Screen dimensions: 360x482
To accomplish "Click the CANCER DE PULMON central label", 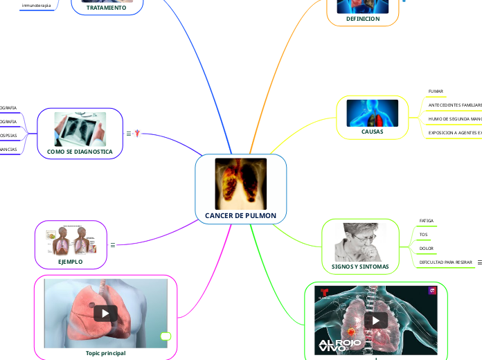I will [240, 216].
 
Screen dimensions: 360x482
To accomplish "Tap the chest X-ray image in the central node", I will [240, 183].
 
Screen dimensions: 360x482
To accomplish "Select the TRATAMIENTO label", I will [107, 8].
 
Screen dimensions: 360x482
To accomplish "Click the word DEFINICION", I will [363, 19].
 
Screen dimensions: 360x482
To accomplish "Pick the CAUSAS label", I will [372, 132].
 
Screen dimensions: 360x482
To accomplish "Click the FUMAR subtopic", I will [436, 91].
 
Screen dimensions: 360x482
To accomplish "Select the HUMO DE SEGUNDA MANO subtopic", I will [454, 119].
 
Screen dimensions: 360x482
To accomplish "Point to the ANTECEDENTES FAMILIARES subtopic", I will [454, 105].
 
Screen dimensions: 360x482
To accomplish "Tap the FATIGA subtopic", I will [427, 221].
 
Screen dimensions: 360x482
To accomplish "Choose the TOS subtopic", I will [423, 235].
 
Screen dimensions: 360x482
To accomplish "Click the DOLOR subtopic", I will [427, 248].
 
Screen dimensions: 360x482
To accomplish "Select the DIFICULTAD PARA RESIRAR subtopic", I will [446, 262].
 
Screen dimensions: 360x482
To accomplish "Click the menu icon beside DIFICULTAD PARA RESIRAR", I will [479, 262].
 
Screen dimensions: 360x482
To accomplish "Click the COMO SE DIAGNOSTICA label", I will [80, 151].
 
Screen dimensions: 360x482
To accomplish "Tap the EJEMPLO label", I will [70, 262].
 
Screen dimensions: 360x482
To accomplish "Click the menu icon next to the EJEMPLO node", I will [113, 244].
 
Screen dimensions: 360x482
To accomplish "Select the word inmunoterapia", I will [36, 6].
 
